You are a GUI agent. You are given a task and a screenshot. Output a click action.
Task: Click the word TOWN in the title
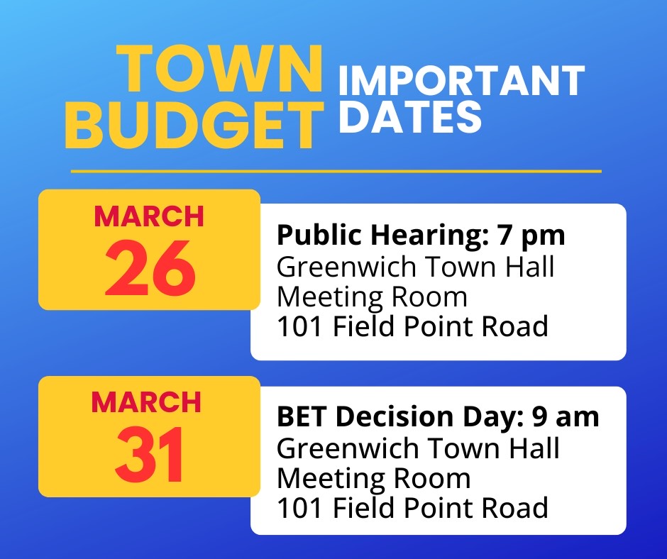click(x=219, y=69)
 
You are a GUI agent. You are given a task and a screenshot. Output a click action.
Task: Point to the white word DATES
click(x=410, y=116)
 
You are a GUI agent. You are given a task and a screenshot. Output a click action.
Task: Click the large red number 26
click(x=150, y=267)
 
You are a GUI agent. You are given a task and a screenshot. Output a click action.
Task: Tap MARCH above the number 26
click(x=149, y=216)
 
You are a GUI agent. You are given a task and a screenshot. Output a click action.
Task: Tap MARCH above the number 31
click(x=146, y=402)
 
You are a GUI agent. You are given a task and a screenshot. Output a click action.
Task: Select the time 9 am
click(x=566, y=416)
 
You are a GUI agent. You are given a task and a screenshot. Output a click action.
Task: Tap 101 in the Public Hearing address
click(x=299, y=327)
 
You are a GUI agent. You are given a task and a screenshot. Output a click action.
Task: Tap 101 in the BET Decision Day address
click(x=299, y=508)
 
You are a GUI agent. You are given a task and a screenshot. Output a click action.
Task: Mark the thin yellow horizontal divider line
click(x=336, y=172)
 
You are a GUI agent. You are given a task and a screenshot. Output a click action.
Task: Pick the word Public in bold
click(x=319, y=236)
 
